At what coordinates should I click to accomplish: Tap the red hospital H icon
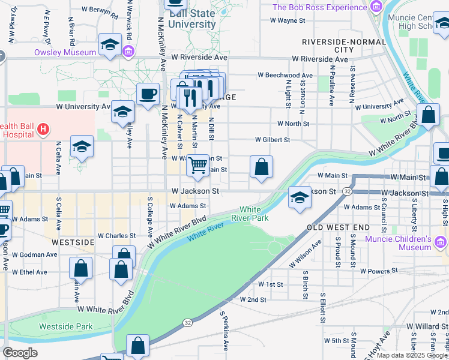[43, 128]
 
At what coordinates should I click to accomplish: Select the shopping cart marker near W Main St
[197, 166]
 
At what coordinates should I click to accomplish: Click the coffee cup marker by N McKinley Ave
[148, 94]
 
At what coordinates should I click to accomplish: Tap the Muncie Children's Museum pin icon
[442, 242]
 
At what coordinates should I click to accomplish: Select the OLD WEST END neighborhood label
[339, 228]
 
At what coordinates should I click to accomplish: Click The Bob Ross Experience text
[319, 7]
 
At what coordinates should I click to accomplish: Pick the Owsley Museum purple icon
[128, 52]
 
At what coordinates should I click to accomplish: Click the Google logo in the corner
[20, 352]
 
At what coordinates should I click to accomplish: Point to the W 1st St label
[271, 284]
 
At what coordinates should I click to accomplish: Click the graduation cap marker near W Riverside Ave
[110, 45]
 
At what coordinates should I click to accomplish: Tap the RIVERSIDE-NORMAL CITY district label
[336, 46]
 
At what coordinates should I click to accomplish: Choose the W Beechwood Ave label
[285, 75]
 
